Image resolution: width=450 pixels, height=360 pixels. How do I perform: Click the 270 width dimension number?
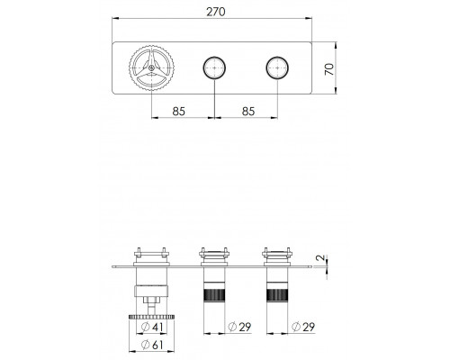coord(216,12)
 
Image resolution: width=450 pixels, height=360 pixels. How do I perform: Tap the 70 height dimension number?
coord(329,69)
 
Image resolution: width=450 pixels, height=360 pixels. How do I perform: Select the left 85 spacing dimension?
coord(179,112)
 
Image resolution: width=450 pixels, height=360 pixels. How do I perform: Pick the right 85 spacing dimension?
coord(248,112)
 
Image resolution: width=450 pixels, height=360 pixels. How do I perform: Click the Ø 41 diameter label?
coord(153,327)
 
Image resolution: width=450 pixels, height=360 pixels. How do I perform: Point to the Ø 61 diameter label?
coord(153,345)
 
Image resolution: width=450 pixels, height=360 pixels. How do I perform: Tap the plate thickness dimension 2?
coord(321,257)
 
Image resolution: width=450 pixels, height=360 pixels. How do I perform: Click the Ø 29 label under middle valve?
coord(239,327)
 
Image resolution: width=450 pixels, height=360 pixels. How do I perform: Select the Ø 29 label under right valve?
coord(303,327)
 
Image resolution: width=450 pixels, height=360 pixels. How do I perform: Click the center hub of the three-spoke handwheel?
coord(151,68)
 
